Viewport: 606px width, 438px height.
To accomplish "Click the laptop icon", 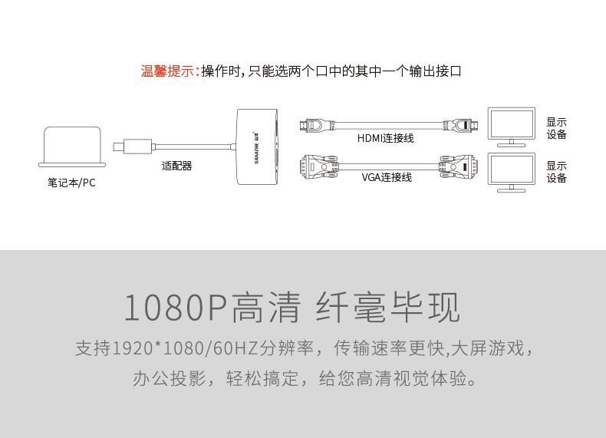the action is coord(72,147).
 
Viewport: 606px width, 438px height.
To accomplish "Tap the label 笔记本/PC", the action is coord(71,183).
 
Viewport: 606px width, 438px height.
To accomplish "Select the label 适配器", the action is coord(176,165).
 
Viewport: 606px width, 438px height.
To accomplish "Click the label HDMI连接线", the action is coord(385,138).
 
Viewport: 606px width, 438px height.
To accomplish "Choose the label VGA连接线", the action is coord(386,177).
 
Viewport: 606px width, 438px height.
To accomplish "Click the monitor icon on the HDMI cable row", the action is coord(512,126).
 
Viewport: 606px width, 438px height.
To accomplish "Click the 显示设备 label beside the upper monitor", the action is coord(556,127).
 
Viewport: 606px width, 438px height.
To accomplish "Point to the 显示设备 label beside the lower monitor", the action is coord(556,172).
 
